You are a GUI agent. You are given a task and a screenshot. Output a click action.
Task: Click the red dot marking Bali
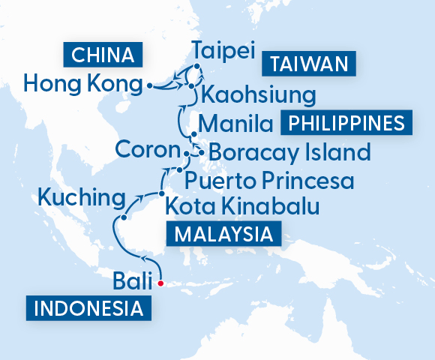click(160, 283)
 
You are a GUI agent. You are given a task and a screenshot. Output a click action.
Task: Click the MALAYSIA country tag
click(223, 234)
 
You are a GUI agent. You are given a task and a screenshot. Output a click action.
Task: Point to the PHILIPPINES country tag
click(346, 122)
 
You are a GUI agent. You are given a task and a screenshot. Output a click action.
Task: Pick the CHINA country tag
click(103, 55)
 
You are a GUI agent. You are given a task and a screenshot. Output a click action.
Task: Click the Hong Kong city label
click(82, 82)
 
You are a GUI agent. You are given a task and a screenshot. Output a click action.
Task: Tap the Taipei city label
click(223, 52)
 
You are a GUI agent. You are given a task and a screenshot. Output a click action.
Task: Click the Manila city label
click(235, 122)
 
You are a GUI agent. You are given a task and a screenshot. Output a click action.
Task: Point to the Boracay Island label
click(289, 153)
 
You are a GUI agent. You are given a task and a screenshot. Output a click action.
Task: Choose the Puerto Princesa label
click(269, 180)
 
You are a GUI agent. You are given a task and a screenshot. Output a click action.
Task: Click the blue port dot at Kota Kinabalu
click(160, 194)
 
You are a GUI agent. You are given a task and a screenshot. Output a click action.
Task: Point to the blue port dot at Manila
click(194, 135)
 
